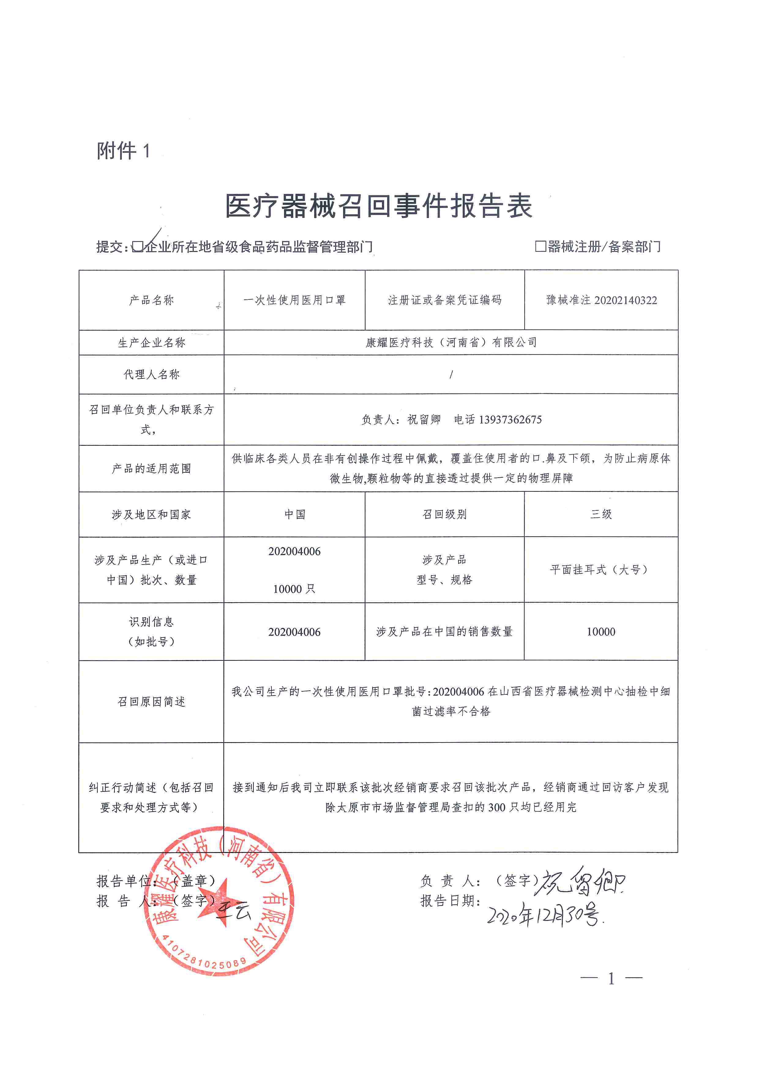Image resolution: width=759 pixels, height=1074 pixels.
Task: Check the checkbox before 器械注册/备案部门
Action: (540, 246)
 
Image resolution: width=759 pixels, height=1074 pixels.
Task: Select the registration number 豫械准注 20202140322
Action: (601, 300)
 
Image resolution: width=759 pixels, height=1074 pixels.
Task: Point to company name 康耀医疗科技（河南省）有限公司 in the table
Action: (451, 342)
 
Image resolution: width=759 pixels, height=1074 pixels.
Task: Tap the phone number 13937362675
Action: (510, 420)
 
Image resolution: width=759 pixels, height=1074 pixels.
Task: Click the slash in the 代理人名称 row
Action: (451, 374)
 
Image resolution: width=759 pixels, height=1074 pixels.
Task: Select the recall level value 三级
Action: (601, 514)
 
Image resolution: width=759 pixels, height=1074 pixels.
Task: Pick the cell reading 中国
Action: (295, 514)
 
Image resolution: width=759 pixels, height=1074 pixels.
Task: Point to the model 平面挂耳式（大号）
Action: (600, 569)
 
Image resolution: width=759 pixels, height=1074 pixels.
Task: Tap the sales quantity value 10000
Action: (601, 632)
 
